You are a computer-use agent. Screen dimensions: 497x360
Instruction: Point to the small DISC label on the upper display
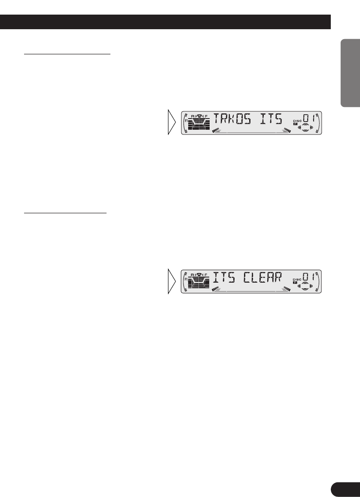297,121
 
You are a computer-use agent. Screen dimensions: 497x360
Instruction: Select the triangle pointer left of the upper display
171,122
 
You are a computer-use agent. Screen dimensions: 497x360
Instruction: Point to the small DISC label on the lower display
297,280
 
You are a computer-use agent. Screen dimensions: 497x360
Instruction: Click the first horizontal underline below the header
67,55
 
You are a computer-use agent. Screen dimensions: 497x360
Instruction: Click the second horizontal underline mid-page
65,212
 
